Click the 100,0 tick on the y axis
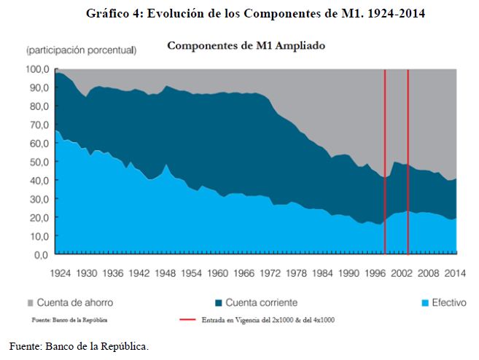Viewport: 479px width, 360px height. [x=37, y=69]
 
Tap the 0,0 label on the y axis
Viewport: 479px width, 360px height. [x=41, y=255]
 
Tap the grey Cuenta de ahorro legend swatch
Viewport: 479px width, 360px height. [x=30, y=302]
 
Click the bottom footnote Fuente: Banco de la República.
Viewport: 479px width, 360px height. [x=79, y=346]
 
